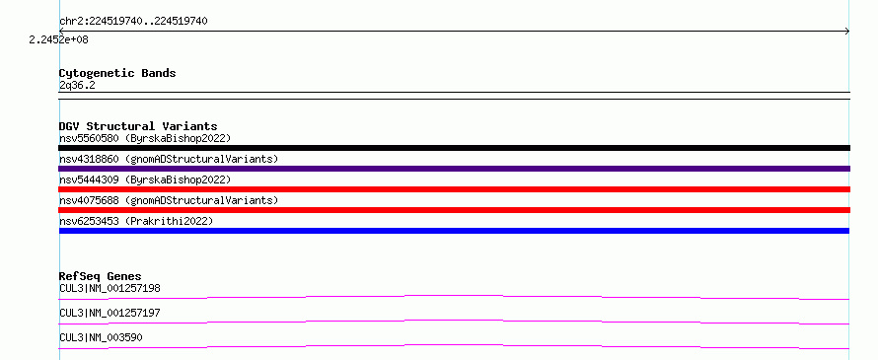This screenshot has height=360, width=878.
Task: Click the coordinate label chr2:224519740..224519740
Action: click(x=133, y=22)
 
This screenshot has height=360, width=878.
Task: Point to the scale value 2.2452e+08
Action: click(x=59, y=39)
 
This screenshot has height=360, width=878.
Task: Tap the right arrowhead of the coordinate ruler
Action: click(x=847, y=32)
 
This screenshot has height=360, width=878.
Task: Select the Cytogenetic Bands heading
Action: click(x=117, y=73)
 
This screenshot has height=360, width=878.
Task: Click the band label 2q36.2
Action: click(x=77, y=85)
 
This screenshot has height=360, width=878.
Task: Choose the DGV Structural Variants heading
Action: click(x=138, y=126)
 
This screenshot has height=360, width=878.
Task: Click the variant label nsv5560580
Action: click(x=89, y=138)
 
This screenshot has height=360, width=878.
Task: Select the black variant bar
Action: click(x=454, y=148)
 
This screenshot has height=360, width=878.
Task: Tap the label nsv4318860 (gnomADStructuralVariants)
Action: click(x=169, y=159)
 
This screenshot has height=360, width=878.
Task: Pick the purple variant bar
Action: click(x=454, y=169)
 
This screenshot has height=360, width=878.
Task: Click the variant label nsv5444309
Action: click(x=89, y=180)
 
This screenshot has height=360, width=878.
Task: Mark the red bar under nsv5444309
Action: click(x=454, y=189)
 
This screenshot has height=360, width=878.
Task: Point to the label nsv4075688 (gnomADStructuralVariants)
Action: click(x=169, y=200)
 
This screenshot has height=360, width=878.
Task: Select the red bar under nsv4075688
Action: click(x=454, y=210)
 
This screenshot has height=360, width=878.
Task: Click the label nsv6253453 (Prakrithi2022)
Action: click(x=136, y=221)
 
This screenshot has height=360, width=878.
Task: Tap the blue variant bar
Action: click(x=454, y=231)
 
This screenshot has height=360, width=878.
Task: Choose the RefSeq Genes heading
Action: click(x=101, y=276)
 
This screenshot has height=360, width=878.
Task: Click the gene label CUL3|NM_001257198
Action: click(x=110, y=288)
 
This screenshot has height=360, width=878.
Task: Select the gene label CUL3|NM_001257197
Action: click(x=110, y=313)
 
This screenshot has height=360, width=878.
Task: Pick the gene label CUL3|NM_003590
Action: click(x=101, y=337)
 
